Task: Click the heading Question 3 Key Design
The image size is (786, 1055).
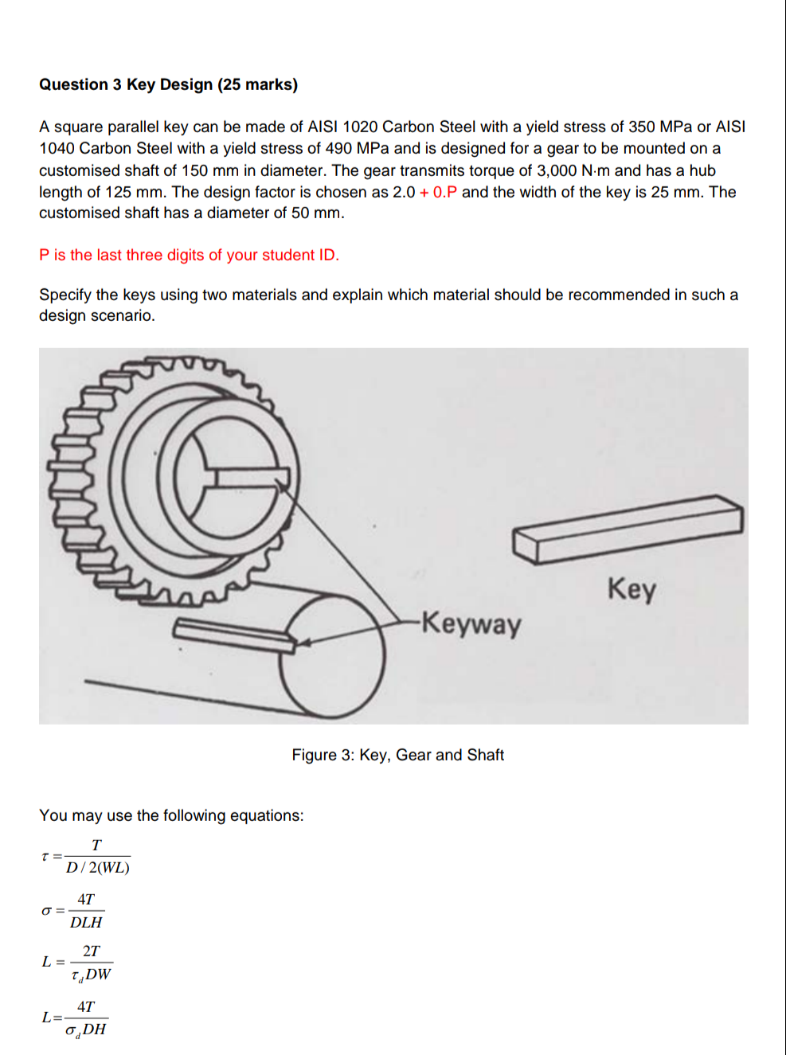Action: click(x=168, y=84)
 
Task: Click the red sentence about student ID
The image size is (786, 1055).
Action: click(x=189, y=255)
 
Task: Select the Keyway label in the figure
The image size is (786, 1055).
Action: click(x=471, y=623)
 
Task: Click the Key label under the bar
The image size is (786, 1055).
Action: click(x=632, y=589)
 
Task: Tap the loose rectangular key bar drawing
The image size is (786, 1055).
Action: click(x=628, y=528)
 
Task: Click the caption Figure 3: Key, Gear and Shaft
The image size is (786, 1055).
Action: click(x=397, y=755)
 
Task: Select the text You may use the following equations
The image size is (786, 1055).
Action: click(x=171, y=815)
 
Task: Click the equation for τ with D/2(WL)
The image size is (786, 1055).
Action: click(x=86, y=857)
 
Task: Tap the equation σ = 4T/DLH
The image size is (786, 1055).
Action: click(x=73, y=911)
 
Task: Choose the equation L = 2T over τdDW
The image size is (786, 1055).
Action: click(x=77, y=963)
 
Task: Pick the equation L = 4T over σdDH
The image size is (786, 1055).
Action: click(x=75, y=1018)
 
